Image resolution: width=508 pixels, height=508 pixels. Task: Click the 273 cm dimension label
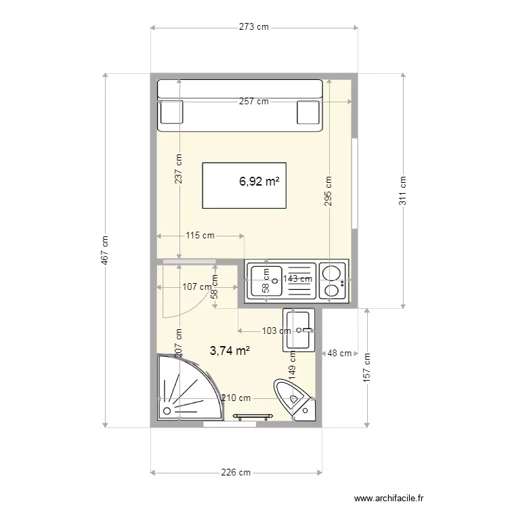[254, 26]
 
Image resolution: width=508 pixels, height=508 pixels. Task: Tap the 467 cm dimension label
[105, 250]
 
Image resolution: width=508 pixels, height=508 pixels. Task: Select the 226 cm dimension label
[236, 472]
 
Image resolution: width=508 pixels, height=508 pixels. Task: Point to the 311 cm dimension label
[402, 190]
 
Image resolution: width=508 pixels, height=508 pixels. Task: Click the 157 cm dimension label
[366, 367]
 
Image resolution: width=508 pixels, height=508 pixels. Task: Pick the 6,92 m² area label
[259, 182]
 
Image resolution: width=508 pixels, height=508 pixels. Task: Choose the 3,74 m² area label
[230, 351]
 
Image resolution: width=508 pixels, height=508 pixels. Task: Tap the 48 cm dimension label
[339, 353]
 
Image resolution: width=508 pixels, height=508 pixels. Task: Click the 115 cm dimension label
[200, 235]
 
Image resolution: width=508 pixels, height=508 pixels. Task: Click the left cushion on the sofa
[172, 112]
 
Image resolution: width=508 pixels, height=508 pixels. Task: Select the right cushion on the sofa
[308, 112]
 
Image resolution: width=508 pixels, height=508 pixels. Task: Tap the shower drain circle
[167, 411]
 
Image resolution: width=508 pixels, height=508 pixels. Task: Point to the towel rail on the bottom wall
[253, 416]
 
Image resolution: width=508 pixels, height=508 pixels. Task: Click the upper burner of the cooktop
[332, 272]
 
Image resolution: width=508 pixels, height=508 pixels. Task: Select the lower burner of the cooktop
[332, 291]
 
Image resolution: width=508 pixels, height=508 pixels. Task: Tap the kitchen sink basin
[267, 281]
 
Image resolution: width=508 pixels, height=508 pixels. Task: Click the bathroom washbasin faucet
[306, 331]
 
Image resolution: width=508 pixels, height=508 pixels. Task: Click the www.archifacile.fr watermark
[389, 498]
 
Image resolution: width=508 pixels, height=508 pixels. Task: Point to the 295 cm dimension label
[328, 191]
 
